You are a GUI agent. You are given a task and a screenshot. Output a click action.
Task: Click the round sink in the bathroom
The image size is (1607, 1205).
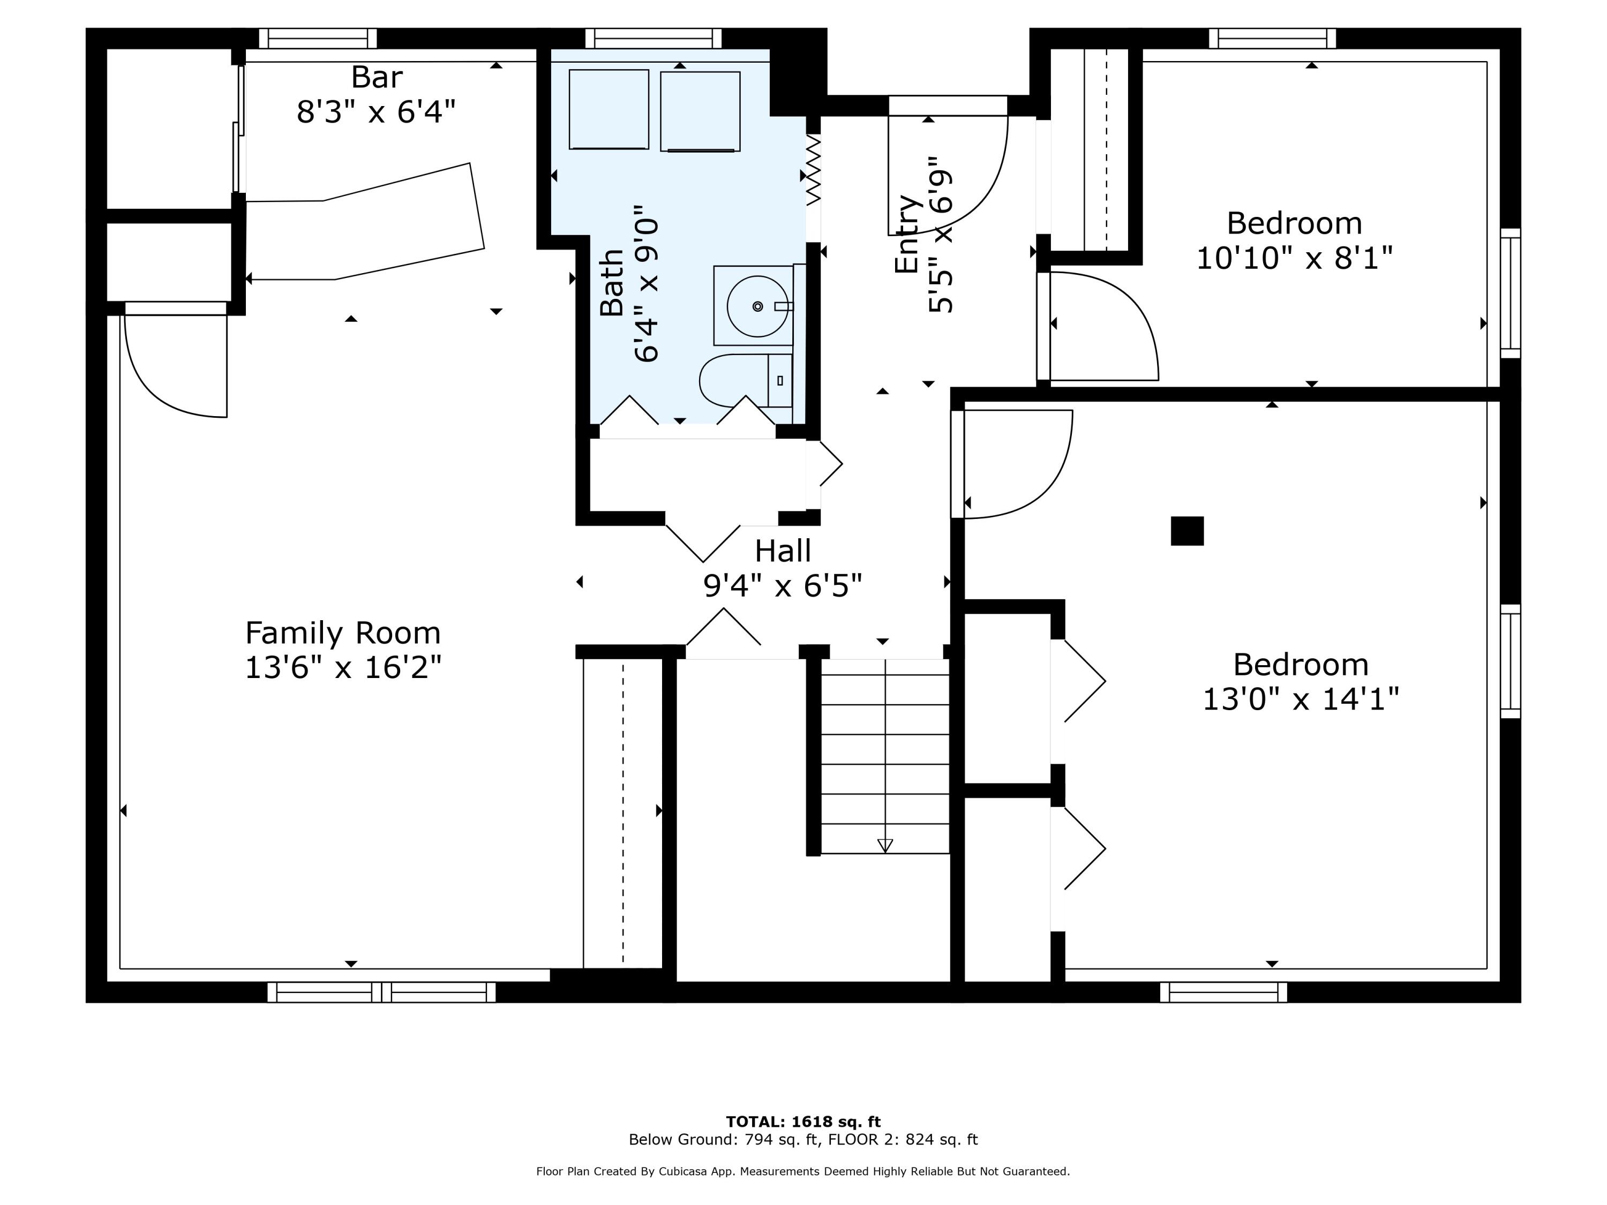click(x=757, y=306)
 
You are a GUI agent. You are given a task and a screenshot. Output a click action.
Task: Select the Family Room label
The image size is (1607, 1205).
click(x=343, y=632)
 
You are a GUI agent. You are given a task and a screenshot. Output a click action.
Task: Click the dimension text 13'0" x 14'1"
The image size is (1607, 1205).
click(x=1301, y=699)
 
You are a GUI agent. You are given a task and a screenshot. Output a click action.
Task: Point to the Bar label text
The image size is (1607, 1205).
click(x=377, y=77)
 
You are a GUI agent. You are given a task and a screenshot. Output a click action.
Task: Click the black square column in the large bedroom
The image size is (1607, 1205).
click(x=1187, y=531)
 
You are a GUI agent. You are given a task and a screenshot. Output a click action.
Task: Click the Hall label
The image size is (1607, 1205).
click(x=783, y=551)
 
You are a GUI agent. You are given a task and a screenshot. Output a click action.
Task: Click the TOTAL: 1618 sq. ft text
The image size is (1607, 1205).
click(x=803, y=1121)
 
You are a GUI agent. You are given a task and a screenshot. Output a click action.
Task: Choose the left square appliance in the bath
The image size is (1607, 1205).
click(x=609, y=110)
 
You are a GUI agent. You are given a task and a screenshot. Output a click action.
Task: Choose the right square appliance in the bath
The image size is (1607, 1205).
click(x=700, y=111)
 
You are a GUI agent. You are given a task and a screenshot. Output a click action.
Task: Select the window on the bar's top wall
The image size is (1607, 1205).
click(x=318, y=38)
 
